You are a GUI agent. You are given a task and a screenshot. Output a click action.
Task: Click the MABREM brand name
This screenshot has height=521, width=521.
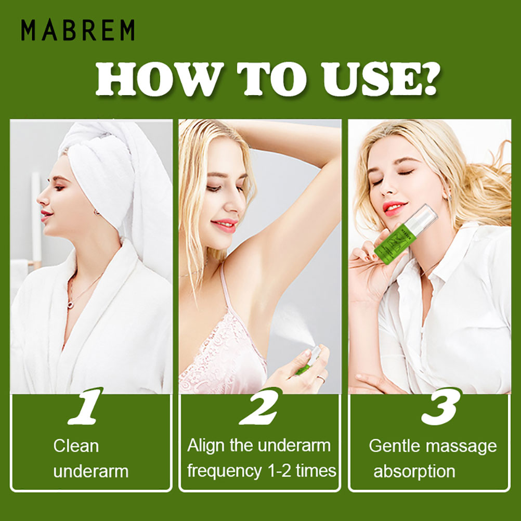tap(78, 30)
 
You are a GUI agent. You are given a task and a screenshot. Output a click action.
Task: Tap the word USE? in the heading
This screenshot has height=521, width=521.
tap(381, 79)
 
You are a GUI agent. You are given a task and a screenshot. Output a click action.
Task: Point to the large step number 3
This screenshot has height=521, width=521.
tap(442, 406)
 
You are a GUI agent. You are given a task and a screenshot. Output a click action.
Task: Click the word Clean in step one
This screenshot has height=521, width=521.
tap(76, 446)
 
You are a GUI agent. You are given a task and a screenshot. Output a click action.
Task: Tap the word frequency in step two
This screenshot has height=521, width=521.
tap(224, 472)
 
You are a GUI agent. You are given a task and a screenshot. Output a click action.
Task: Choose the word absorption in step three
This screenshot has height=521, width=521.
tap(414, 472)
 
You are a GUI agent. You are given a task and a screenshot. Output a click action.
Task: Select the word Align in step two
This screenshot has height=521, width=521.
tap(206, 446)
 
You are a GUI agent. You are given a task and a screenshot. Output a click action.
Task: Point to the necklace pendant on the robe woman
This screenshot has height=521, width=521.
tap(70, 305)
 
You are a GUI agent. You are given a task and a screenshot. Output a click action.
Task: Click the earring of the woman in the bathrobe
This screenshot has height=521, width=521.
tap(96, 212)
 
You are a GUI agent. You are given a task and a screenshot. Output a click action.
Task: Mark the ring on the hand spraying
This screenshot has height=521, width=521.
tap(322, 378)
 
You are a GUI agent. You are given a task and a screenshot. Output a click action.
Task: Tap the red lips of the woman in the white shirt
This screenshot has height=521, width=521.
tap(394, 207)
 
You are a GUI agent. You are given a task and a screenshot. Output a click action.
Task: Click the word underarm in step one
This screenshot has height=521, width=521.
tap(90, 472)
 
